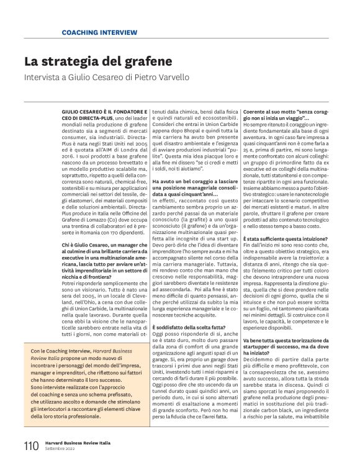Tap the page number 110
[30, 446]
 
